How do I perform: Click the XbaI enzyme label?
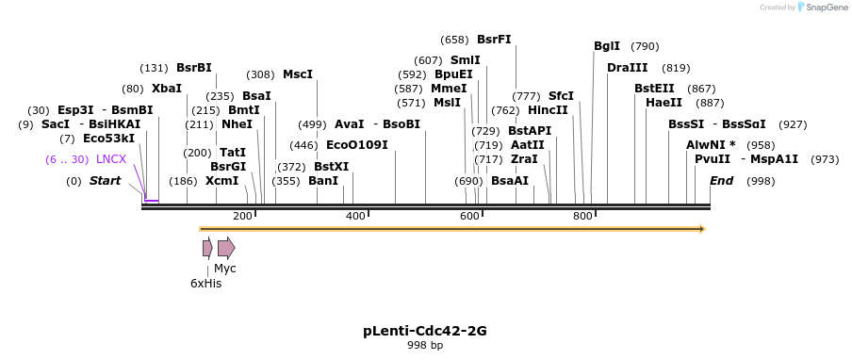coord(167,89)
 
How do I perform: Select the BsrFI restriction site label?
coord(494,40)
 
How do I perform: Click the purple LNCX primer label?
coord(111,159)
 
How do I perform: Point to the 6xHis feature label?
coord(205,283)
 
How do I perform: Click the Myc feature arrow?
coord(226,248)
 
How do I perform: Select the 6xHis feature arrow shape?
coord(207,248)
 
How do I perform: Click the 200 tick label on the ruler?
coord(242,217)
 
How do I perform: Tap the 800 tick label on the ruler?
coord(582,217)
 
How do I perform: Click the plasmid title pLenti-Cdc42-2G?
coord(425,331)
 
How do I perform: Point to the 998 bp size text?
coord(425,346)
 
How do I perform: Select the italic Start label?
coord(105,181)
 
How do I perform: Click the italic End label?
coord(721,181)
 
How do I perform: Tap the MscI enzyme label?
coord(298,74)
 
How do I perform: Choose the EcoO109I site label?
coord(356,145)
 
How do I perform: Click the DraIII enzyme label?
coord(628,68)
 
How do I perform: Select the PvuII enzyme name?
coord(713,159)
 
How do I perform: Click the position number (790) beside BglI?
coord(645,46)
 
